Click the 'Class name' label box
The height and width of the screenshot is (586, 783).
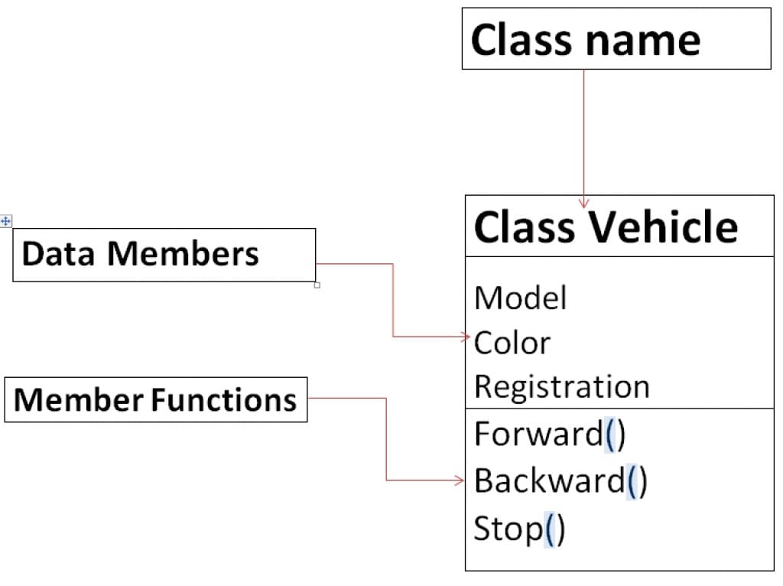(616, 39)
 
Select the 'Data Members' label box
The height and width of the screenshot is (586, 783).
(164, 255)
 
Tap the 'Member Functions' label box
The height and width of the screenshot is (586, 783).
(155, 399)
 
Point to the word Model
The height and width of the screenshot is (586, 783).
(520, 298)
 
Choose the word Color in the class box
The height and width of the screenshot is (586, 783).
(512, 343)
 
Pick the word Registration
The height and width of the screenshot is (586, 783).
(561, 386)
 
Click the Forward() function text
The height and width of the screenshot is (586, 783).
(549, 434)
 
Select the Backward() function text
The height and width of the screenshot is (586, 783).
(560, 480)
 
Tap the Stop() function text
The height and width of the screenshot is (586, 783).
(519, 529)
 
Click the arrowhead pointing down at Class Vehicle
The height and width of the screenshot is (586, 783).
(584, 203)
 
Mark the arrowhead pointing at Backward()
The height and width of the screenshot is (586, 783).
(460, 480)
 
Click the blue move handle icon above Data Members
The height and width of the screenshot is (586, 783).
(6, 221)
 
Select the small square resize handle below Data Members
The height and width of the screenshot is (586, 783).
(317, 285)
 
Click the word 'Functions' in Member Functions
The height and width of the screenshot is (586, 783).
(224, 399)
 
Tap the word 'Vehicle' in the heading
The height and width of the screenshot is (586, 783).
(663, 226)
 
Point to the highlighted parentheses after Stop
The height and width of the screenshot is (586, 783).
(554, 529)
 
